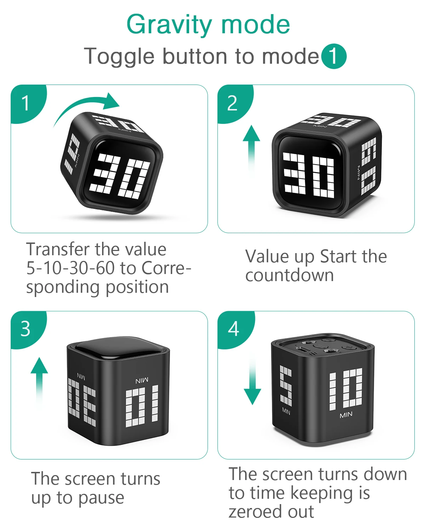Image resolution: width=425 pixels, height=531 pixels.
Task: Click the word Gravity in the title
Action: [169, 25]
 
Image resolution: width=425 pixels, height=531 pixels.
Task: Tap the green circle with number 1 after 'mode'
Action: [334, 57]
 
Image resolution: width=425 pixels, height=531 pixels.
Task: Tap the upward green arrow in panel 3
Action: [39, 381]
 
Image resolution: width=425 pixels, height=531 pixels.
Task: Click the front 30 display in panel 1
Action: [120, 176]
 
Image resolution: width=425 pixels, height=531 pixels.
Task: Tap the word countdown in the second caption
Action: [289, 275]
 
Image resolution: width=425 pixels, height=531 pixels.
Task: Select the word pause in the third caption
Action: [101, 498]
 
